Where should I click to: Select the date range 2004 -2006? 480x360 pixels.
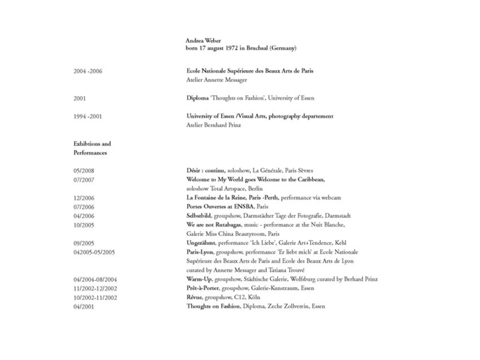click(88, 70)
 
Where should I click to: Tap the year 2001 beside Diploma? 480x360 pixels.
click(81, 98)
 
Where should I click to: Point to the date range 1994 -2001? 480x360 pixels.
click(88, 116)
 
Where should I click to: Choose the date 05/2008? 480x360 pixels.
click(84, 170)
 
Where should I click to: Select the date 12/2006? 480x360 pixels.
click(84, 198)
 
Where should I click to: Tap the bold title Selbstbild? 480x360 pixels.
click(201, 215)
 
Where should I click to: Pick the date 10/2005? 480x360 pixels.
click(84, 225)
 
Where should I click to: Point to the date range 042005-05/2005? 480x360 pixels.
click(94, 252)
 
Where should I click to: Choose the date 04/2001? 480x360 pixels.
click(84, 306)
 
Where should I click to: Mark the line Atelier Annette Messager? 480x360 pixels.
click(217, 80)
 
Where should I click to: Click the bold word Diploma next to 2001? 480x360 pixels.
click(197, 98)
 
